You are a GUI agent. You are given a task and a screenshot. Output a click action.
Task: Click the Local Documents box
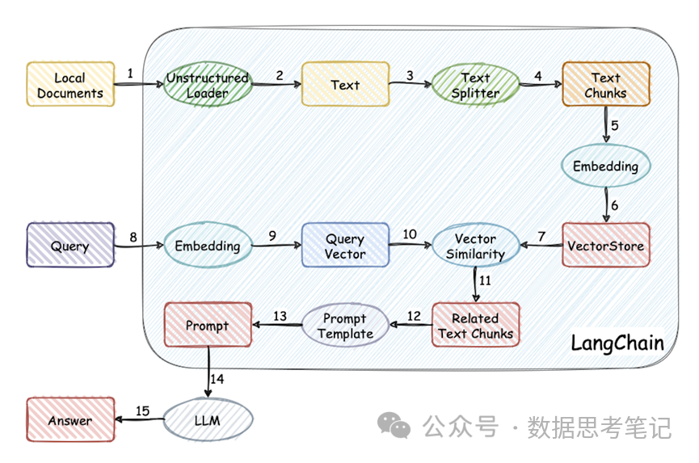tap(70, 85)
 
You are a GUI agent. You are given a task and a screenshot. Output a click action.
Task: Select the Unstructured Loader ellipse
tap(208, 85)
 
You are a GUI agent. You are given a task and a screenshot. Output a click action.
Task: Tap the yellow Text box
tap(345, 85)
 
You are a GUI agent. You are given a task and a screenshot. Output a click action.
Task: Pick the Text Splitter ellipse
tap(475, 85)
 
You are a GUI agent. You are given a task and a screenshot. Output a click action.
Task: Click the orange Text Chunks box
tap(605, 85)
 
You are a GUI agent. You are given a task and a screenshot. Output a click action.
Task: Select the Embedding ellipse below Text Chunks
tap(605, 166)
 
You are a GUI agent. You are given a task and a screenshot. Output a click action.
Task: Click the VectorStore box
tap(605, 246)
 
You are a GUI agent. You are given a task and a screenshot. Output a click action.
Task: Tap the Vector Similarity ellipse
tap(475, 246)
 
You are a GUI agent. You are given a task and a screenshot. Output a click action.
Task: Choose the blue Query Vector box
tap(345, 246)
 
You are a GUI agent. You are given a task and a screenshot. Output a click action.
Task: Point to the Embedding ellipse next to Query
tap(208, 246)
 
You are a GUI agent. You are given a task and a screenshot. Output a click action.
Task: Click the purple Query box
tap(70, 246)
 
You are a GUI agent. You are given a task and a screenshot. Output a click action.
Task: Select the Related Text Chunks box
tap(475, 326)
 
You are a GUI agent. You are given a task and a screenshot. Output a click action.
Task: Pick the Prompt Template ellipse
tap(345, 326)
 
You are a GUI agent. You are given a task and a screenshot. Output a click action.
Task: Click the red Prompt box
tap(208, 326)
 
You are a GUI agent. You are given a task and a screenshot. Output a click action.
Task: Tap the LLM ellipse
tap(208, 421)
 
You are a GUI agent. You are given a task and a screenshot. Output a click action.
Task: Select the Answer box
tap(70, 420)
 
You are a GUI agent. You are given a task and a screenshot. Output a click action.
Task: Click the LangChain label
tap(617, 343)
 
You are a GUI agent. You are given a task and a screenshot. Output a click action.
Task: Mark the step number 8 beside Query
tap(133, 236)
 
